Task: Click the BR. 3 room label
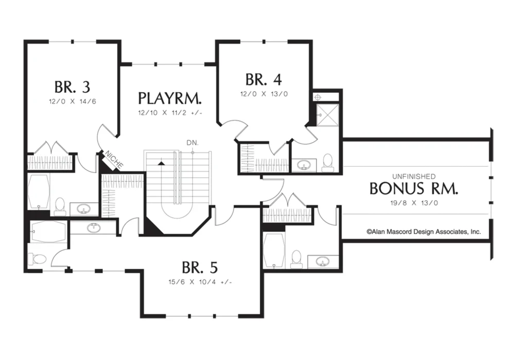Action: pyautogui.click(x=72, y=87)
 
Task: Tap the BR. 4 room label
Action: pyautogui.click(x=263, y=80)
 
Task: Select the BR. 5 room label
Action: pyautogui.click(x=200, y=267)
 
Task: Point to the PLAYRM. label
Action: pyautogui.click(x=170, y=98)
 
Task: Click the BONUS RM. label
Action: pyautogui.click(x=414, y=188)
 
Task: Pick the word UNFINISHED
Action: pyautogui.click(x=414, y=176)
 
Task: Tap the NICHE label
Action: pyautogui.click(x=114, y=159)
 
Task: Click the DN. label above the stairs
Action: pyautogui.click(x=192, y=143)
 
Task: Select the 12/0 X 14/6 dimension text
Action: pyautogui.click(x=73, y=101)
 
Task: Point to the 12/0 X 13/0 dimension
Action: pyautogui.click(x=264, y=94)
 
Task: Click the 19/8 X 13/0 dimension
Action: pyautogui.click(x=414, y=203)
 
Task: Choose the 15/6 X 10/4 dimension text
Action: pyautogui.click(x=200, y=282)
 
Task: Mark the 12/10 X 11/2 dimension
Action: pyautogui.click(x=170, y=113)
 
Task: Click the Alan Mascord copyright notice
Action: pyautogui.click(x=424, y=231)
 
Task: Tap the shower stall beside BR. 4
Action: pyautogui.click(x=328, y=115)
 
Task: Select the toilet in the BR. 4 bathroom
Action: pyautogui.click(x=327, y=163)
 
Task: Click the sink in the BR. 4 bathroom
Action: pyautogui.click(x=305, y=165)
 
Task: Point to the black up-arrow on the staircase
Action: pyautogui.click(x=162, y=163)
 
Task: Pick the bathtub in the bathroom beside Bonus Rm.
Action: pyautogui.click(x=274, y=249)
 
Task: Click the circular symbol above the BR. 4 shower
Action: pyautogui.click(x=318, y=97)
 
